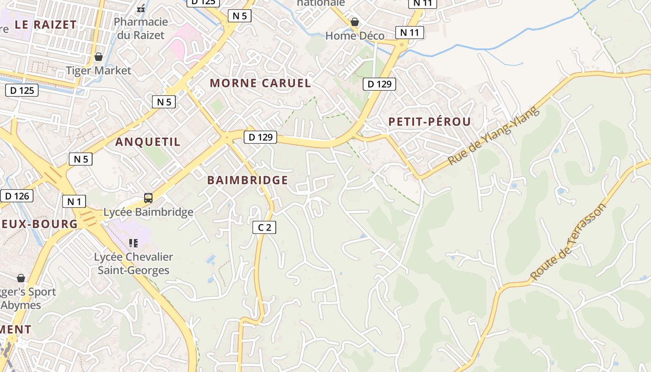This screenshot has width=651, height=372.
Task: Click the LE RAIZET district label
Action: [x=46, y=25]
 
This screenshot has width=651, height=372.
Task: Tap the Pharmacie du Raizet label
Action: [x=140, y=28]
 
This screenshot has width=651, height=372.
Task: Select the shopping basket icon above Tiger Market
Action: [x=99, y=57]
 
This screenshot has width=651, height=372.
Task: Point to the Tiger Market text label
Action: [x=99, y=71]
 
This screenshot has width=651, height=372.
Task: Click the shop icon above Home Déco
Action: [x=355, y=22]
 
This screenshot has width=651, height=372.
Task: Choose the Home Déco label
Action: [x=355, y=36]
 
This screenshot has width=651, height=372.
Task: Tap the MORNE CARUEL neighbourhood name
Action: [x=260, y=83]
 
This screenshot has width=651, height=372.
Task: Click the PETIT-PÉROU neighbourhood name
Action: [x=430, y=122]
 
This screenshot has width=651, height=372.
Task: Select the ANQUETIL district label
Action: [x=148, y=142]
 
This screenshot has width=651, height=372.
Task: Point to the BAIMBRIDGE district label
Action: [x=247, y=180]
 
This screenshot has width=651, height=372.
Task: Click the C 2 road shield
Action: [x=264, y=227]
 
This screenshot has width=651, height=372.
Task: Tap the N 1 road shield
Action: [x=74, y=201]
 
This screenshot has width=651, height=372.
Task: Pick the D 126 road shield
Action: [x=17, y=196]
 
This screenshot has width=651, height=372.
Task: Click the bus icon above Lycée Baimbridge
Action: [x=148, y=198]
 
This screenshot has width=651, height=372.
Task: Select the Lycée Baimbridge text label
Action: [x=148, y=213]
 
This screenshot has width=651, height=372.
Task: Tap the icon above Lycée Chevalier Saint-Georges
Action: [x=133, y=243]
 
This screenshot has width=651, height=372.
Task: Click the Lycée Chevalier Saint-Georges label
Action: [x=133, y=263]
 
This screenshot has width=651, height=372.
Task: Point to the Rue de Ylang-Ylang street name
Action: [x=493, y=136]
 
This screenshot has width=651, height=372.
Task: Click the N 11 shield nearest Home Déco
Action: [x=410, y=32]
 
